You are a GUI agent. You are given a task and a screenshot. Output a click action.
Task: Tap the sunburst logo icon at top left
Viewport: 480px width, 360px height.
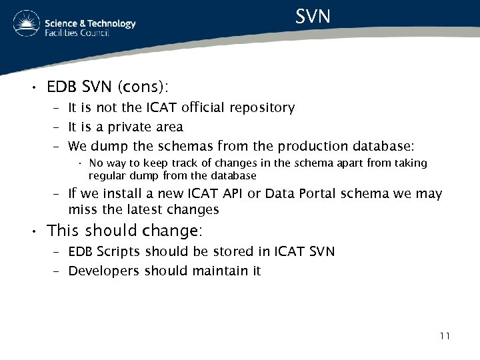(26, 25)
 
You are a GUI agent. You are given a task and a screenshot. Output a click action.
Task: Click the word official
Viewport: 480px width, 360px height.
(198, 107)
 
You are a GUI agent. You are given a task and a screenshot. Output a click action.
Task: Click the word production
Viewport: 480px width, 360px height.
(311, 146)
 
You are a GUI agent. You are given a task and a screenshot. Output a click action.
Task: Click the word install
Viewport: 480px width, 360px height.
(117, 193)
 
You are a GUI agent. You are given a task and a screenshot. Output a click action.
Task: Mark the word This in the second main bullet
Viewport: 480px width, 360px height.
(63, 231)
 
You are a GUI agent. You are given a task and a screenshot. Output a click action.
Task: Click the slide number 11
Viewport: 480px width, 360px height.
(445, 336)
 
